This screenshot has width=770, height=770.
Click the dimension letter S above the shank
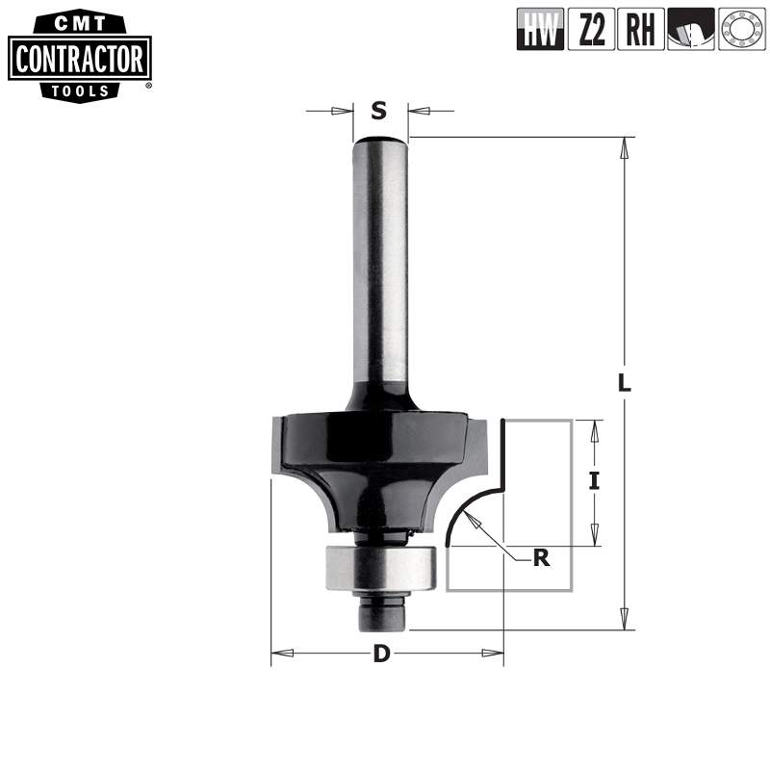click(379, 111)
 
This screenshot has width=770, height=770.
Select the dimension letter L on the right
click(624, 381)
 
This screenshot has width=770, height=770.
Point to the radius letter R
click(542, 557)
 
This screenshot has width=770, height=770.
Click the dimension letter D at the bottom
click(382, 654)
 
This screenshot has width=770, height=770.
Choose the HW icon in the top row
click(540, 30)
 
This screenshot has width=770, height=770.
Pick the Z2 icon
click(591, 30)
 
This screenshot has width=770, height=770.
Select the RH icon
click(640, 30)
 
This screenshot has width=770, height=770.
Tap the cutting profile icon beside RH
click(690, 30)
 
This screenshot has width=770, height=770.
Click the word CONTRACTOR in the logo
click(79, 60)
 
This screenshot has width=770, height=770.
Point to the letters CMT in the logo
click(79, 22)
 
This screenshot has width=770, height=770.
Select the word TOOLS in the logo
click(79, 90)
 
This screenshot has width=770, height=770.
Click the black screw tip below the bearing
click(382, 612)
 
